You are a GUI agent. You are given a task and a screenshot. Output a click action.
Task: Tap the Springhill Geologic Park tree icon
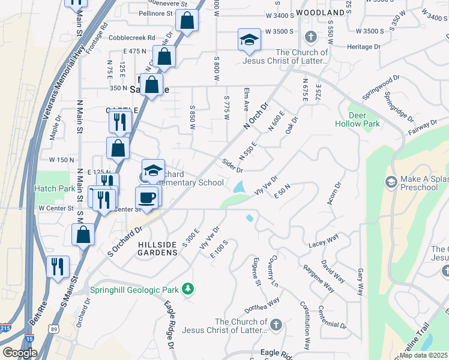[x=188, y=290]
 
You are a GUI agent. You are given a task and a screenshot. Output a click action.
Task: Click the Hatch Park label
[x=54, y=188]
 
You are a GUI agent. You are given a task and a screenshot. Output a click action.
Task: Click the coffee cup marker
[x=146, y=197]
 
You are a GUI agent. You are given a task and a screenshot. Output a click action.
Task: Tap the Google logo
[x=20, y=352]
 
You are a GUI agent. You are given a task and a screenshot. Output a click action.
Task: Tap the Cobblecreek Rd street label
[x=131, y=37]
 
